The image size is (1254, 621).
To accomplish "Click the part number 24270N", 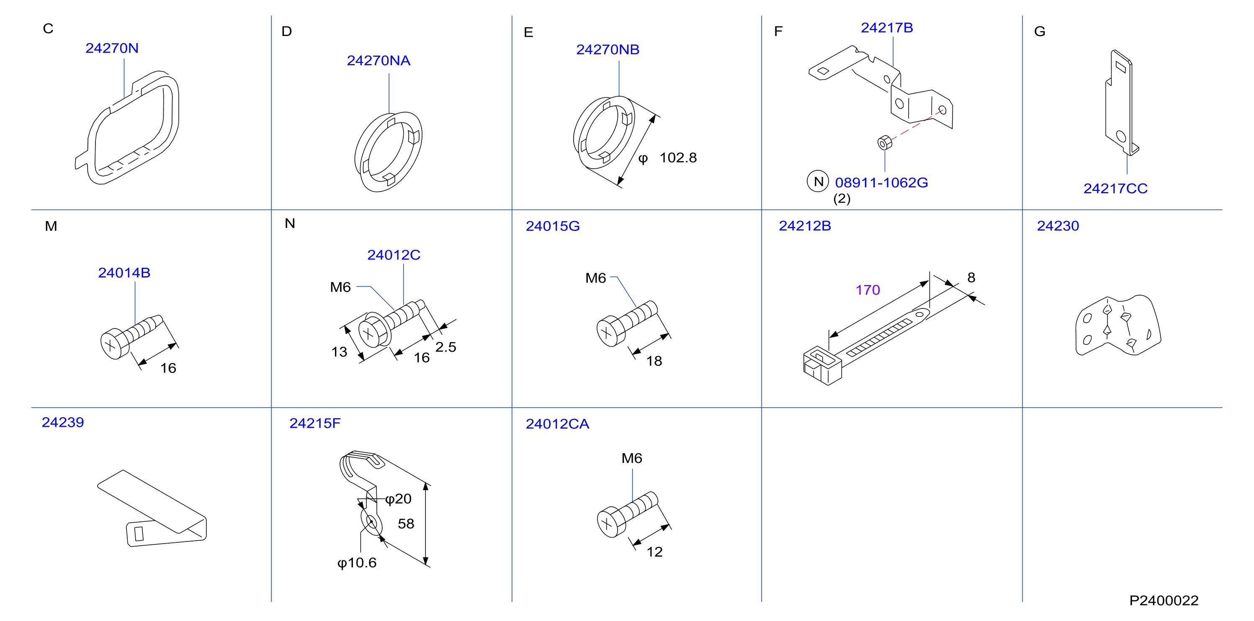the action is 112,48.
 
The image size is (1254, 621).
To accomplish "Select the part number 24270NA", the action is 378,61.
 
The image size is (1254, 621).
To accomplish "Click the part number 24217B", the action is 886,28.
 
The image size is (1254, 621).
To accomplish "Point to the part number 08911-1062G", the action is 881,182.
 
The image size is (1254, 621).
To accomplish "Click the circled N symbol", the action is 818,182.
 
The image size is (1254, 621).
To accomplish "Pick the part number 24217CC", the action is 1115,188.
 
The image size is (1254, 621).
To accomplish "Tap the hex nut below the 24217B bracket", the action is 885,143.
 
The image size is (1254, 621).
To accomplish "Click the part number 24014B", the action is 124,272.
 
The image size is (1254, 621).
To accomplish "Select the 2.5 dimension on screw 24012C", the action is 445,347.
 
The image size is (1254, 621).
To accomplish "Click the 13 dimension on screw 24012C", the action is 339,352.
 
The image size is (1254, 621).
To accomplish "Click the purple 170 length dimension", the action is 868,290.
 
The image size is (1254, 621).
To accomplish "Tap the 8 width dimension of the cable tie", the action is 971,277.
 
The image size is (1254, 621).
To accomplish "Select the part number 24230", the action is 1058,226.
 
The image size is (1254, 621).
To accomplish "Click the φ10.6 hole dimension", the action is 357,563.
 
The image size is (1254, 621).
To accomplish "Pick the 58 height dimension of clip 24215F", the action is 406,523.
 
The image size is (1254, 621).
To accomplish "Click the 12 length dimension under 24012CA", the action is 654,552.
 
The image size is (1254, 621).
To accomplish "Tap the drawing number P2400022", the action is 1164,600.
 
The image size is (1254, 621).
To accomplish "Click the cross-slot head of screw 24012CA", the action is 608,523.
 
